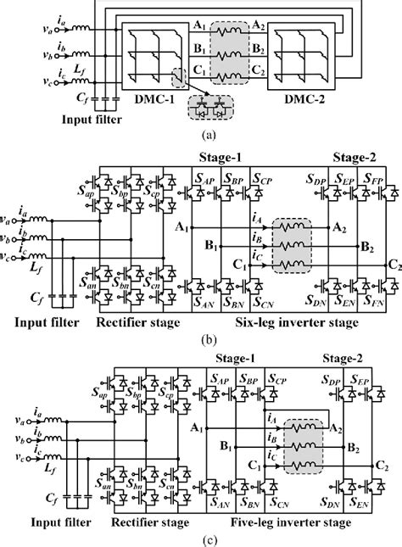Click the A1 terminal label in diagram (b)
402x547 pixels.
coord(180,228)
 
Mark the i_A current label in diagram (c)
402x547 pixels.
coord(273,416)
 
